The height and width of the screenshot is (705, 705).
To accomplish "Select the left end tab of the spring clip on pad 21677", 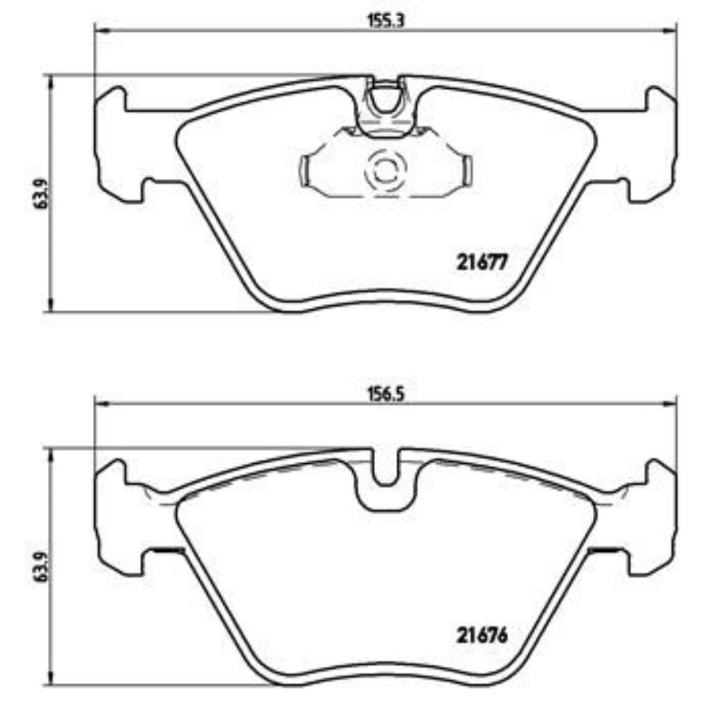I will point(305,171).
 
